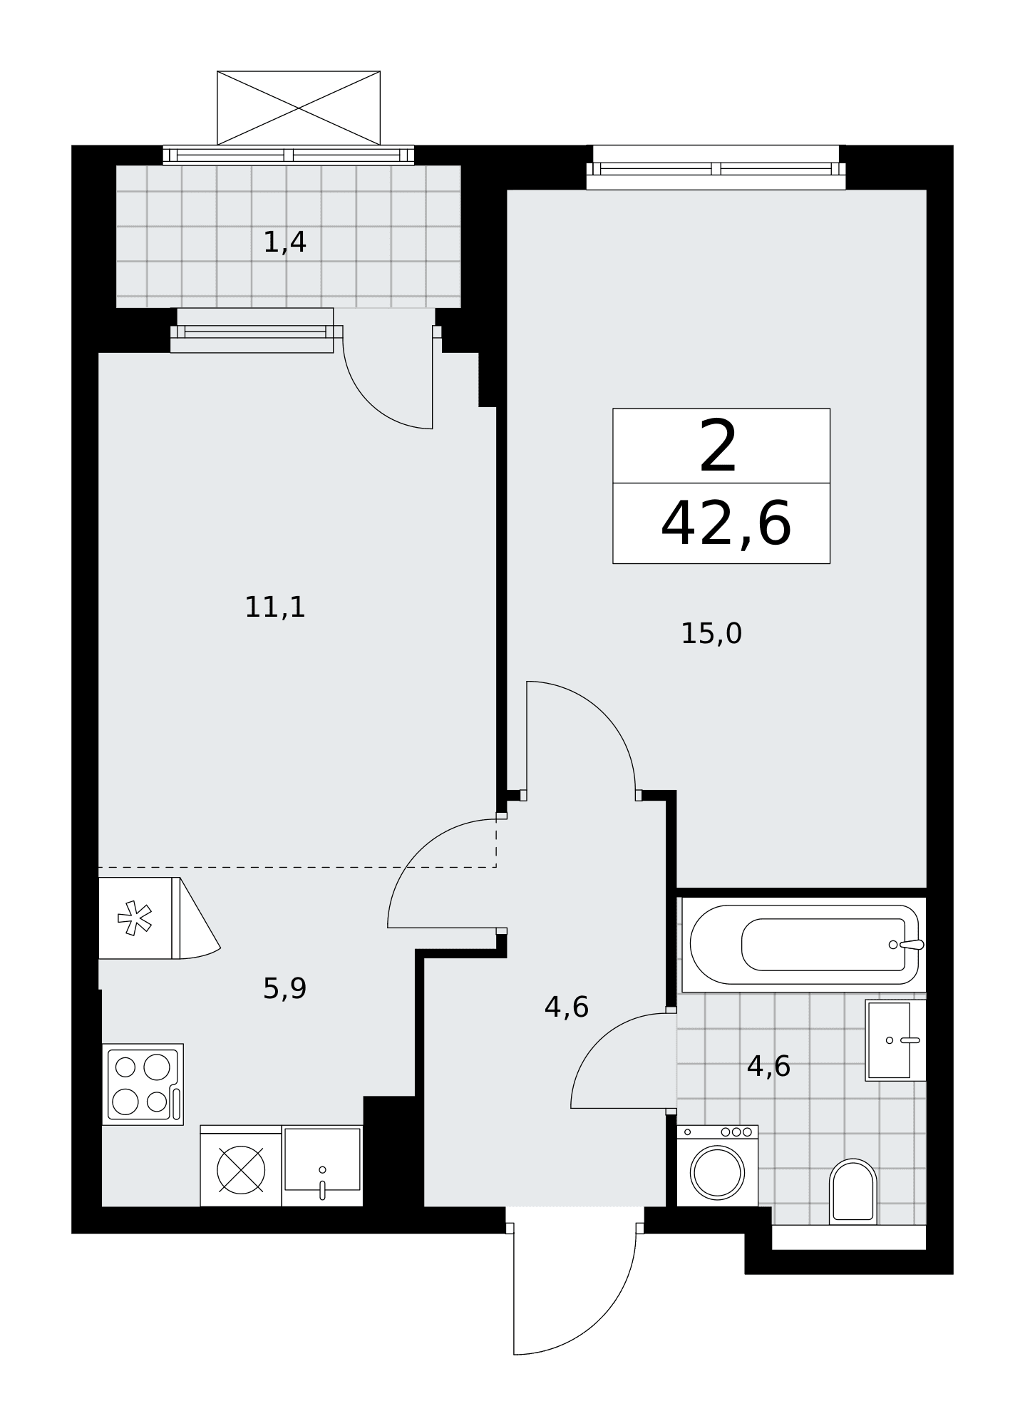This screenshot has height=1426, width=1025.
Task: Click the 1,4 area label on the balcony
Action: click(x=285, y=242)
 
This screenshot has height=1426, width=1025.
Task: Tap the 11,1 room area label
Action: click(x=275, y=607)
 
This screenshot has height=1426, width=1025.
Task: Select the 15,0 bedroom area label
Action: click(x=711, y=634)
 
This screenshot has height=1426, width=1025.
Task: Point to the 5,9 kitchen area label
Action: click(x=284, y=989)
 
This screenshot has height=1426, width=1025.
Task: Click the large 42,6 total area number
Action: click(x=726, y=524)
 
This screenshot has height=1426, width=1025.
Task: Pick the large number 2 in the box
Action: click(x=718, y=446)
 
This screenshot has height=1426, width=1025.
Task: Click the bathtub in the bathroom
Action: click(x=804, y=945)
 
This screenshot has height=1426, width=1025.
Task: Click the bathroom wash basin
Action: click(x=895, y=1040)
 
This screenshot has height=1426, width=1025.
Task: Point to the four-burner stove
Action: click(x=143, y=1084)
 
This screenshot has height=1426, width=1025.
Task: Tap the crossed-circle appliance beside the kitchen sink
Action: click(x=241, y=1170)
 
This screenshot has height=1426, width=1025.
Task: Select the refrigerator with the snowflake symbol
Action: click(x=139, y=918)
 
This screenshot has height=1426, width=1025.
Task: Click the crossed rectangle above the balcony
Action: click(x=299, y=108)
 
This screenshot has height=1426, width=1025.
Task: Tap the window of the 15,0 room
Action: click(x=716, y=168)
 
